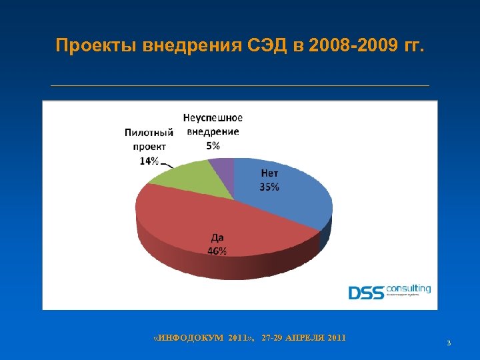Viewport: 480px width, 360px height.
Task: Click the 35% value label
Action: [269, 187]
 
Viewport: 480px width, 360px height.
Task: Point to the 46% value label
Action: [217, 251]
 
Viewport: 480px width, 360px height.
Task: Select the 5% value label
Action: [213, 145]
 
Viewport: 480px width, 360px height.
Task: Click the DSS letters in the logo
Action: [367, 292]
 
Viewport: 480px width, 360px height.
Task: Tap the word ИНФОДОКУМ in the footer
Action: [185, 338]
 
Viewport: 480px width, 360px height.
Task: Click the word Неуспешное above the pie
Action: [213, 118]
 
